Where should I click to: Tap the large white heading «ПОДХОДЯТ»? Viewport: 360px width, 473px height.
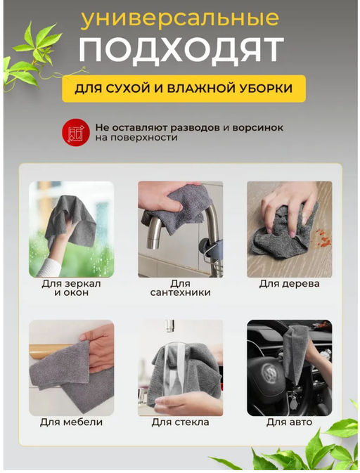pos(181,51)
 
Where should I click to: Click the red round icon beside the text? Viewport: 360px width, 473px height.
pos(75,132)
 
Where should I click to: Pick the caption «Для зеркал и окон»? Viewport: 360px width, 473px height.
pos(71,287)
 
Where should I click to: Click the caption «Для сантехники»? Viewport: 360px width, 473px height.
pos(180,287)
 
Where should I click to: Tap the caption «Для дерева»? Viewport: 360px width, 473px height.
pos(289,283)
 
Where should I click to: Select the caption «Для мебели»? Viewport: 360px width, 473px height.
pos(71,422)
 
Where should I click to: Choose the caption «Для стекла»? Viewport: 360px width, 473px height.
pos(180,422)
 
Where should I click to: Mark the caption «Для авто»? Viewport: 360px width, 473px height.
pos(289,422)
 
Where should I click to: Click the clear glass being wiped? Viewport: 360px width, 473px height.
pos(175,372)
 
